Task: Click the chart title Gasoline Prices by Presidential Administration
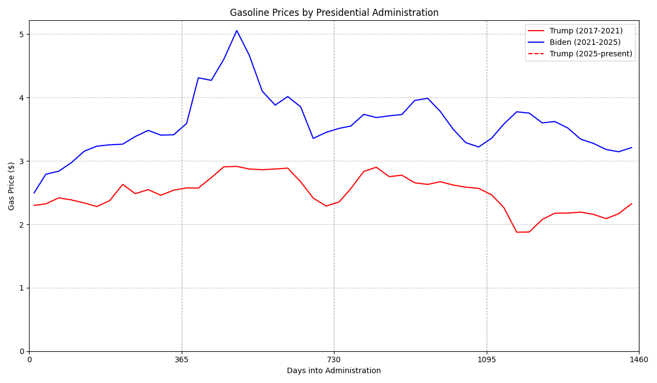coord(334,13)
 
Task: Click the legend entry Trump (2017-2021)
coord(586,31)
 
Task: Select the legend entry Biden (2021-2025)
coord(585,43)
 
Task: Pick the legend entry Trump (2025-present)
coord(591,54)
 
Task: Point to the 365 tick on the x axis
coord(182,359)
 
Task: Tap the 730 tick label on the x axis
coord(334,359)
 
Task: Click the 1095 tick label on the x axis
coord(487,359)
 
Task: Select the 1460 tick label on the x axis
coord(638,359)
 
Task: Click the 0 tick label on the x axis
coord(30,359)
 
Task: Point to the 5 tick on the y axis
coord(22,34)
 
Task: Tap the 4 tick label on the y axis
coord(22,98)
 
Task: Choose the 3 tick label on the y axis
coord(22,161)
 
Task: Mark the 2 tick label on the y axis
coord(22,225)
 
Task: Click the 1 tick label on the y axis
coord(22,288)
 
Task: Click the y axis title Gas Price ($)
coord(11,186)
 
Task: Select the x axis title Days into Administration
coord(334,371)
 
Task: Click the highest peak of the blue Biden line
coord(237,31)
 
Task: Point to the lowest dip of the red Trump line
coord(516,232)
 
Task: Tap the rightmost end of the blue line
coord(631,147)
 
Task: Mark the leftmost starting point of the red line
coord(34,206)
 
